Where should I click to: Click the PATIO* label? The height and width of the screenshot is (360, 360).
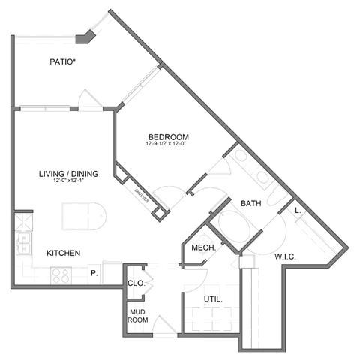pyautogui.click(x=62, y=62)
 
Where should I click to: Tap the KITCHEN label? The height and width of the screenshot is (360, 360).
pyautogui.click(x=63, y=253)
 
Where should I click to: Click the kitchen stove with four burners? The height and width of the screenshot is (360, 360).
pyautogui.click(x=60, y=275)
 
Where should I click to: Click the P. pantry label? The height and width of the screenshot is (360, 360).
pyautogui.click(x=94, y=273)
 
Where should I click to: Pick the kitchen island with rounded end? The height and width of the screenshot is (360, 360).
pyautogui.click(x=84, y=217)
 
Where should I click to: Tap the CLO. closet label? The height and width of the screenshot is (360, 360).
pyautogui.click(x=136, y=283)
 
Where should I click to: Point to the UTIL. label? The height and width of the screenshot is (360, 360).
pyautogui.click(x=212, y=300)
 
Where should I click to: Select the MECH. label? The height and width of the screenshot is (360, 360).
pyautogui.click(x=204, y=248)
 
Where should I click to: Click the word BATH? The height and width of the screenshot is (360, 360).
pyautogui.click(x=250, y=203)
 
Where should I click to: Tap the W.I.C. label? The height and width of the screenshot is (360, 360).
pyautogui.click(x=284, y=256)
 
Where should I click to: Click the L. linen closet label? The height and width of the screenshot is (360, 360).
pyautogui.click(x=298, y=211)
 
